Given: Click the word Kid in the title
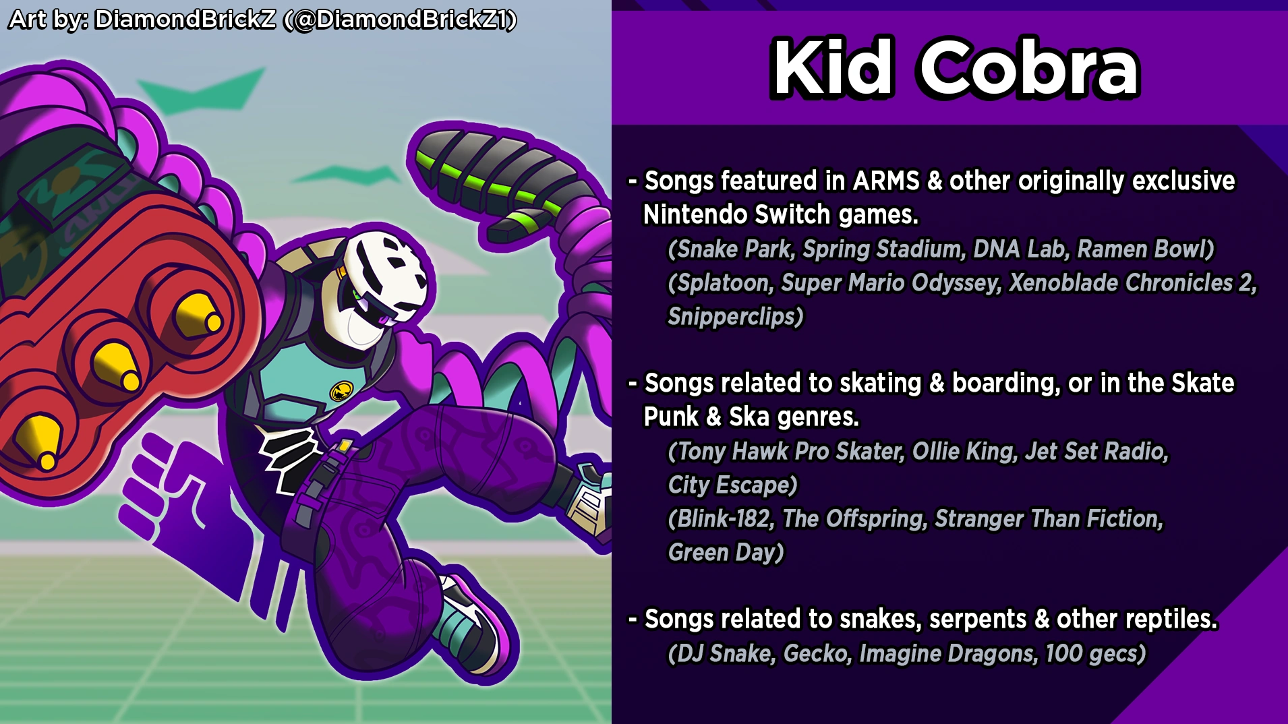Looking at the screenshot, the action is (x=833, y=68).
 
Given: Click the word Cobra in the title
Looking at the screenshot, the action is (x=1029, y=68).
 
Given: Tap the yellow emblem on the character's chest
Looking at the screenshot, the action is (x=342, y=390).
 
